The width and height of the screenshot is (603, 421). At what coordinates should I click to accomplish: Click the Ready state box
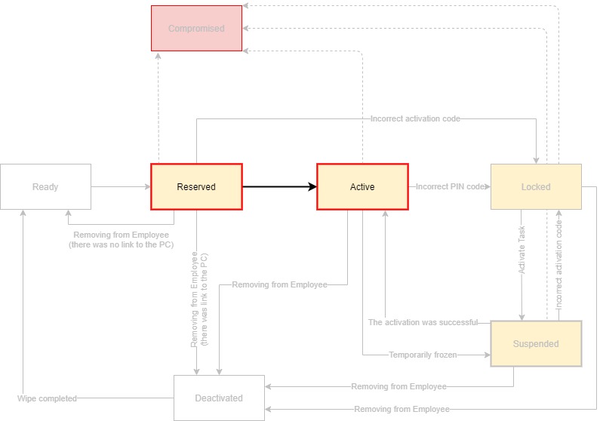click(x=45, y=186)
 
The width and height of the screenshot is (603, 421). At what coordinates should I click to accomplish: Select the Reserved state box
click(x=196, y=186)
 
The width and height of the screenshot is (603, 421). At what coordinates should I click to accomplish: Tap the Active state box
click(x=362, y=186)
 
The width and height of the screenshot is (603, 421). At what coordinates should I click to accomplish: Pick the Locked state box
click(x=536, y=186)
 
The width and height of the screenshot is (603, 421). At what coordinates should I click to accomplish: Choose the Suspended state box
click(x=536, y=344)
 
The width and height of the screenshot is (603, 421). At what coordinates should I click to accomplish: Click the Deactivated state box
click(x=219, y=398)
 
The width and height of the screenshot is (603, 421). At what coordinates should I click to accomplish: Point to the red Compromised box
click(x=196, y=29)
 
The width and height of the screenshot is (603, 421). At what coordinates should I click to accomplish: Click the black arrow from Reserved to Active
click(x=279, y=186)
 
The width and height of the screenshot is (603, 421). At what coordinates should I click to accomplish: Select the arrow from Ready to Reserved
click(x=121, y=186)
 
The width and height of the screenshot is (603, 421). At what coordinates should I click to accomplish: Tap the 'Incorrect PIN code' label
click(x=450, y=186)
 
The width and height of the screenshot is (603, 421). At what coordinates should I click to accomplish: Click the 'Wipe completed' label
click(x=47, y=398)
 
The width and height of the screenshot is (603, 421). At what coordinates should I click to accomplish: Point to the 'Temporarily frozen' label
click(x=423, y=354)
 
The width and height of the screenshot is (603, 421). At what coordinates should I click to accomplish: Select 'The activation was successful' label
click(x=423, y=322)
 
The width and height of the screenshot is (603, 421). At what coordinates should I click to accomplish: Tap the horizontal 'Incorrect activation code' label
click(x=415, y=118)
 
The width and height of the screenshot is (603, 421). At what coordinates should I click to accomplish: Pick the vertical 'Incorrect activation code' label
click(x=558, y=260)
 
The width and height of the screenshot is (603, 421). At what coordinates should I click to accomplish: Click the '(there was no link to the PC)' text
click(x=121, y=245)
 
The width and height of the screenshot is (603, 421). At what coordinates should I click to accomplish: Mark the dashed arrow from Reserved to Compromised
click(x=158, y=106)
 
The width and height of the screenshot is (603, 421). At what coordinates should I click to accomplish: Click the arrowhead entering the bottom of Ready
click(x=23, y=214)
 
